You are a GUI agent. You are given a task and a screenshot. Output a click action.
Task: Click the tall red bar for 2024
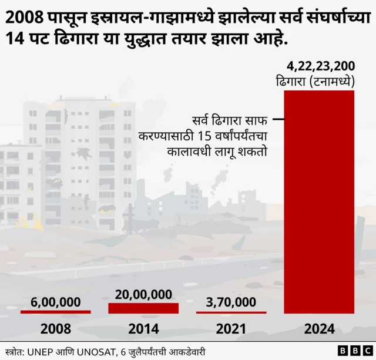tap(319, 201)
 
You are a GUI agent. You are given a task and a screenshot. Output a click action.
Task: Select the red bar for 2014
tap(143, 308)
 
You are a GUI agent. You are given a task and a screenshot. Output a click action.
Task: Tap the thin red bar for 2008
tap(55, 311)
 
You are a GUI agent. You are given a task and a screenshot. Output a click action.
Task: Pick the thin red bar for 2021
tap(231, 311)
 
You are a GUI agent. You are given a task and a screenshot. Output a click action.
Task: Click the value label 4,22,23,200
tap(320, 65)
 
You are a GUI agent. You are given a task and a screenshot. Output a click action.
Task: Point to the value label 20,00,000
tap(143, 294)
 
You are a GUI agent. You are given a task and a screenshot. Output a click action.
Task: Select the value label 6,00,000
tap(55, 302)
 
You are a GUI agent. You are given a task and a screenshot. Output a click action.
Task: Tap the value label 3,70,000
tap(231, 302)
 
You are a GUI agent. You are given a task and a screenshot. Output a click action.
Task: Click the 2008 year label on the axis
tap(55, 328)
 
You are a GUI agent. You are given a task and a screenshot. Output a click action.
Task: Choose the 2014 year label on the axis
tap(143, 328)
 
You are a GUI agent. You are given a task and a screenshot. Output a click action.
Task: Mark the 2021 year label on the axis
tap(231, 328)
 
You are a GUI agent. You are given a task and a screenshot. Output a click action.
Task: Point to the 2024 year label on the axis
tap(319, 328)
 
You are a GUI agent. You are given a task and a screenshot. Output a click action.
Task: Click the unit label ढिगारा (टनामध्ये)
tap(320, 80)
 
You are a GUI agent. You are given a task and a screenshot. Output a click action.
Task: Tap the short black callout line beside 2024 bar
tap(278, 121)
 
